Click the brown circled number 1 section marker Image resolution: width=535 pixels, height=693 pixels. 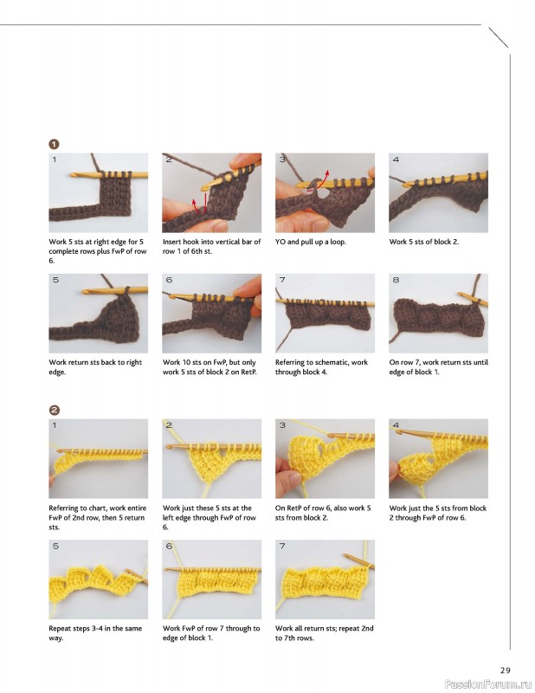point(54,144)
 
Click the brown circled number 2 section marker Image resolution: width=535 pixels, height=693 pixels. point(54,410)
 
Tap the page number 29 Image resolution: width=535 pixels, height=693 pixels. point(506,670)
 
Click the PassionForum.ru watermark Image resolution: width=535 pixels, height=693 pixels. point(488,684)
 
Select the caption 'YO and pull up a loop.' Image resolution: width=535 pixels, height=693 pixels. point(311,242)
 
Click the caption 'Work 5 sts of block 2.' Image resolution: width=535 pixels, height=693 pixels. point(423,242)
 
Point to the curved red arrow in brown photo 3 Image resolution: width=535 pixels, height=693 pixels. point(324,177)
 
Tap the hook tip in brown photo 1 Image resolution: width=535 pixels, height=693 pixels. point(72,175)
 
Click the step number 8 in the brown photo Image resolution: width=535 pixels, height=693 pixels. point(396,280)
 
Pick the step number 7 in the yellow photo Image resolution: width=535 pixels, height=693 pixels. point(282,546)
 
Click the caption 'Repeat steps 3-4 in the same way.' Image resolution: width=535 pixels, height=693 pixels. point(95,633)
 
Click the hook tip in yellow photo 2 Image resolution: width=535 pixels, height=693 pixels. point(168,447)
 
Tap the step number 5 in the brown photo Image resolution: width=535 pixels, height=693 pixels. point(55,280)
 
